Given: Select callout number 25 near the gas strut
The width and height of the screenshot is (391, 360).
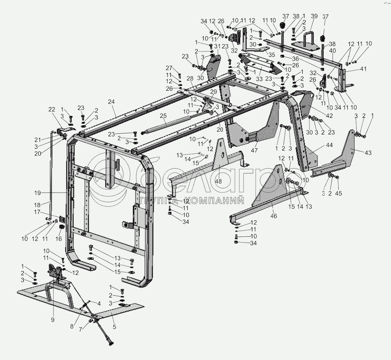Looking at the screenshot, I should [x=163, y=116].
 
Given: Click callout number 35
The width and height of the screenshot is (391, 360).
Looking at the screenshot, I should [x=271, y=55].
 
